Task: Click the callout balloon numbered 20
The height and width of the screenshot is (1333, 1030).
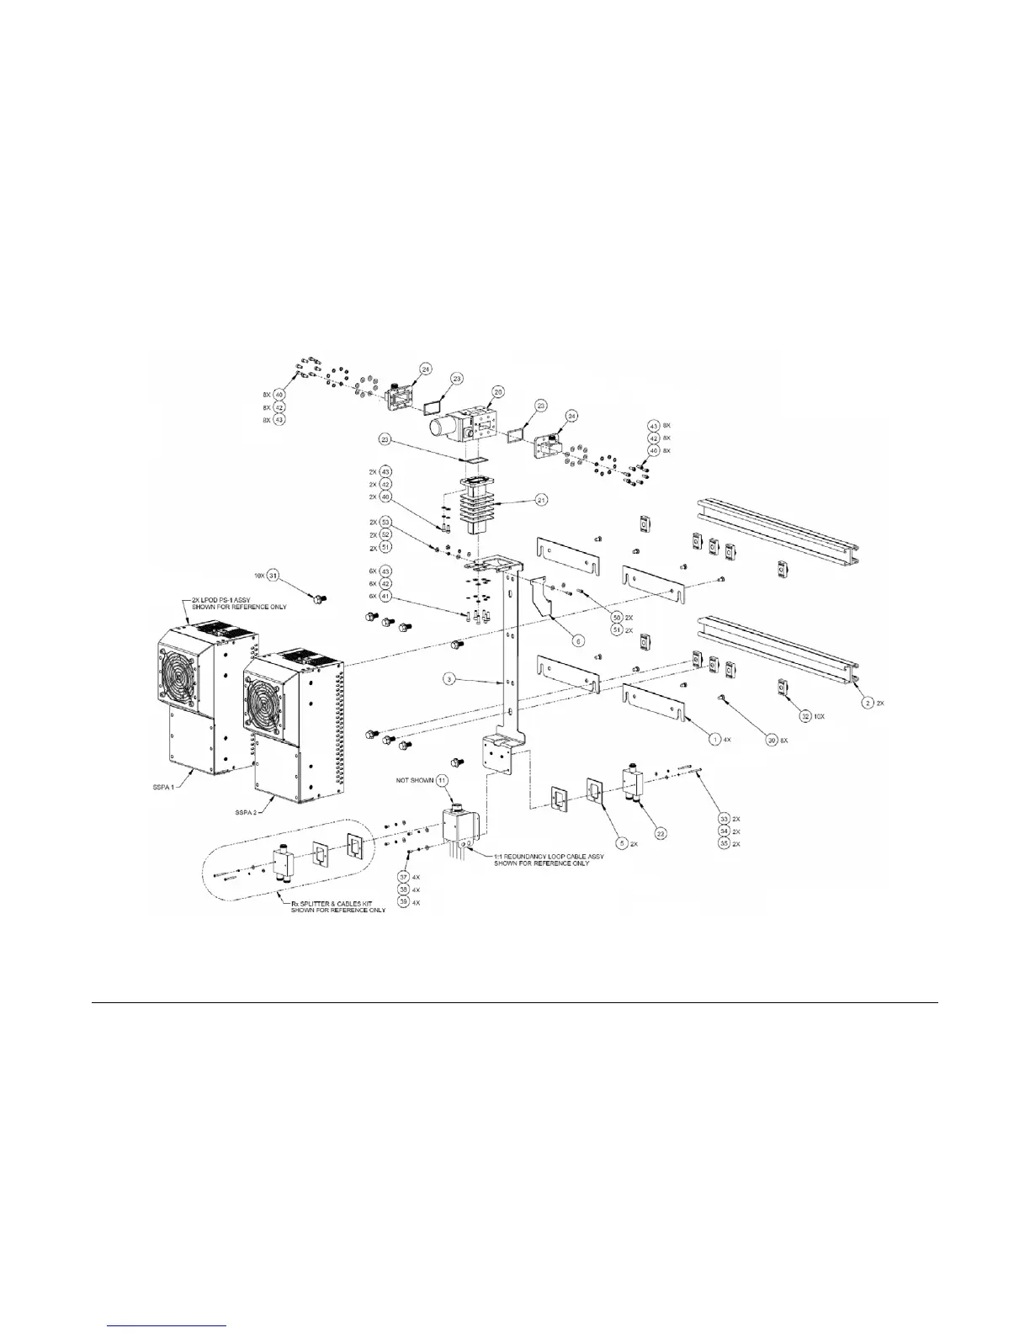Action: (498, 391)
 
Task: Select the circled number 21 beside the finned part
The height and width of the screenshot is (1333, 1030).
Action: (542, 500)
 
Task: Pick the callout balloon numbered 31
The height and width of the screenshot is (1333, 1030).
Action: (273, 576)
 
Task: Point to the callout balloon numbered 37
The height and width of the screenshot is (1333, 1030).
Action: (402, 877)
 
